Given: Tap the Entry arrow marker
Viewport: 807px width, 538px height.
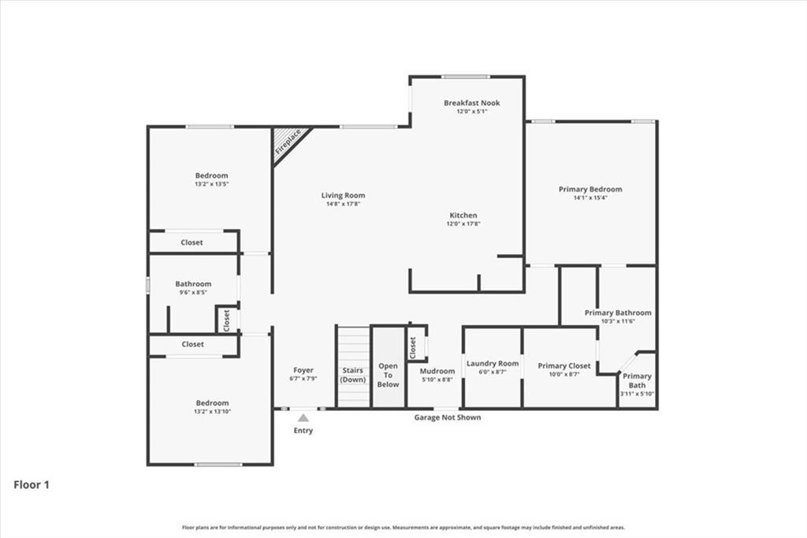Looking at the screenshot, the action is pos(303,418).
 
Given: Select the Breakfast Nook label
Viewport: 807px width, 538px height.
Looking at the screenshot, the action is pos(472,103).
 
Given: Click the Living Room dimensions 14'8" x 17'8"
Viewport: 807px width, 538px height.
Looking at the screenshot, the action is pos(344,204).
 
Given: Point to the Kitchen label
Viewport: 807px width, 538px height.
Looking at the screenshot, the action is pos(463,215).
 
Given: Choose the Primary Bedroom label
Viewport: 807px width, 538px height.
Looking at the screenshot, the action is pos(590,189).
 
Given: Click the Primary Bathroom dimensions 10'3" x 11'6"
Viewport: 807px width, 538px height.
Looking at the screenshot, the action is pos(618,321).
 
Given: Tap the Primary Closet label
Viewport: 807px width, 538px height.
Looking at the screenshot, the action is pos(564,366).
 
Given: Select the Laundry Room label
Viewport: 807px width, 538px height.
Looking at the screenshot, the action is pos(493,364).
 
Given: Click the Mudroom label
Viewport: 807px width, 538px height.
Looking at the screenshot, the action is pos(437,371).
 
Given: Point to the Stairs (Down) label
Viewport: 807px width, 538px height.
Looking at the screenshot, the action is pos(353,375).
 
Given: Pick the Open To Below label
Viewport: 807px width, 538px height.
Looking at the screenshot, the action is pos(388,375).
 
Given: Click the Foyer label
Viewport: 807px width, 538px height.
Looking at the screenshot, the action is pos(303,370).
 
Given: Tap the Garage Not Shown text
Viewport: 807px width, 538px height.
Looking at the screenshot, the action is pos(448,417).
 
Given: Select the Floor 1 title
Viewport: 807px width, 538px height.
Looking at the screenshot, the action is pos(32,484).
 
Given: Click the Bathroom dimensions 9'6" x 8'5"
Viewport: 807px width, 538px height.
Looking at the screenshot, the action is pos(194,292).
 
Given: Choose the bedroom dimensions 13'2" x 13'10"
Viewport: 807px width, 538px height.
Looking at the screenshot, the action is pos(212,411).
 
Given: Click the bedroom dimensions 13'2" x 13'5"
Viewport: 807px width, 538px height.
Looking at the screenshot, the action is pos(211,184).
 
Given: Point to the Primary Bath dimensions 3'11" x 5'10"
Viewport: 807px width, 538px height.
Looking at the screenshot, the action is pos(637,394).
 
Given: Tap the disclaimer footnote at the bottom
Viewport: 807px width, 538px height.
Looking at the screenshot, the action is pos(403,527).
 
